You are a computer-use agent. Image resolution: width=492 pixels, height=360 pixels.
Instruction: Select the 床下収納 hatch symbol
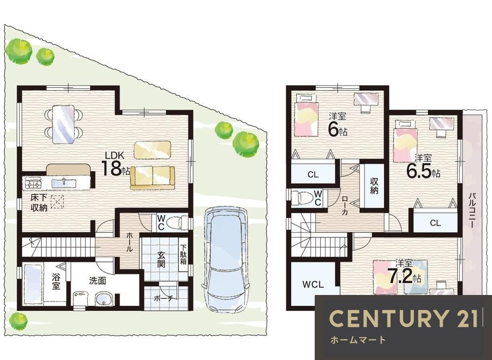click(57, 202)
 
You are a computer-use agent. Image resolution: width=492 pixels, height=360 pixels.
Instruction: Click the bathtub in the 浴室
click(33, 284)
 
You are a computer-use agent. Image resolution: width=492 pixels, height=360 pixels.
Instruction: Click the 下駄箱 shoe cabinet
click(183, 254)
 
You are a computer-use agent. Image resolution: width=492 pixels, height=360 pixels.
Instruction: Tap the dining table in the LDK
click(64, 124)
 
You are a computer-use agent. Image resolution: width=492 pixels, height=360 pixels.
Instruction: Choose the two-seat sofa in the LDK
click(153, 178)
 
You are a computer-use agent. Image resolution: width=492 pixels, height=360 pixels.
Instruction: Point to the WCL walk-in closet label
click(313, 285)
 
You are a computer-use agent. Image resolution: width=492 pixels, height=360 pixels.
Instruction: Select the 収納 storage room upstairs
click(374, 185)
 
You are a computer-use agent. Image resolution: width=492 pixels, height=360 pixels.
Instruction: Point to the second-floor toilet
click(302, 198)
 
